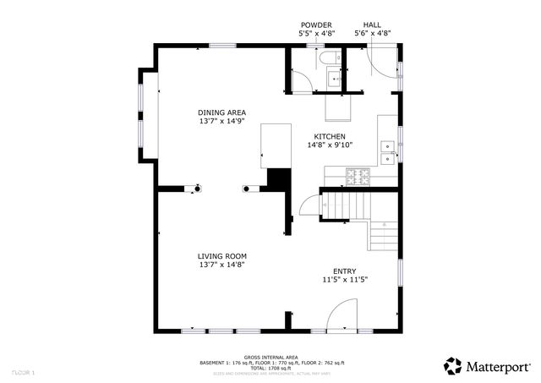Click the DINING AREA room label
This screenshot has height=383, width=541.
[x=221, y=112]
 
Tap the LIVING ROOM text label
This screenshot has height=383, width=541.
[x=221, y=256]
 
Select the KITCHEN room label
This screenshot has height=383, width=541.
[x=330, y=136]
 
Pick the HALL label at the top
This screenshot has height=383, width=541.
[x=372, y=25]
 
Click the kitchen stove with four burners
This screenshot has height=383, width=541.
[x=358, y=177]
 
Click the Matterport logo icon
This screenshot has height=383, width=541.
[x=453, y=366]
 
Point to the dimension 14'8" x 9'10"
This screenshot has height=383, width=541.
[x=330, y=145]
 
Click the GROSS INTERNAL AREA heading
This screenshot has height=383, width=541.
[x=270, y=357]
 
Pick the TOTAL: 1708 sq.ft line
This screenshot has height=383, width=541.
[x=270, y=368]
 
